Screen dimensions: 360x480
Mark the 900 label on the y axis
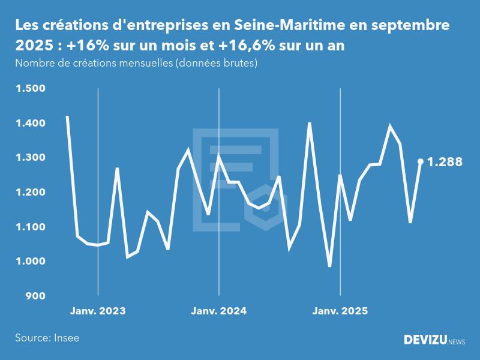coord(34,296)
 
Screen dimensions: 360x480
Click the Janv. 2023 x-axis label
coord(98,311)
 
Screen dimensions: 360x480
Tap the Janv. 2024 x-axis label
coord(219,311)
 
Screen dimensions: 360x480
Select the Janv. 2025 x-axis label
coord(340,311)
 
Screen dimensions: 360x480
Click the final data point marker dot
coord(421,161)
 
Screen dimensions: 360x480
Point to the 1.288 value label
coord(445,161)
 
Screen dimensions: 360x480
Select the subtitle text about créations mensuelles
coord(136,63)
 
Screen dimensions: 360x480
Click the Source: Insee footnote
coord(47,338)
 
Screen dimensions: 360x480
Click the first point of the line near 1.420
coord(67,117)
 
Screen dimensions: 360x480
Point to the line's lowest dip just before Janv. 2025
coord(329,266)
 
